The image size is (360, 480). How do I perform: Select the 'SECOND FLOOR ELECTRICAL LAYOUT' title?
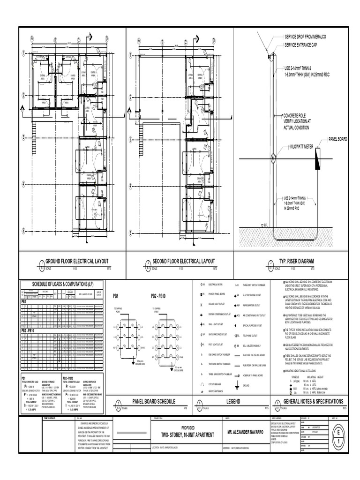(184, 261)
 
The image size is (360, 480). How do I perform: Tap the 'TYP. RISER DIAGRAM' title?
(296, 261)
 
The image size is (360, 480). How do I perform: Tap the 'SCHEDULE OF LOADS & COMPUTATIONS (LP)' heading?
(62, 284)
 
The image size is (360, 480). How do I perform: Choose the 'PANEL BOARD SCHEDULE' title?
(153, 402)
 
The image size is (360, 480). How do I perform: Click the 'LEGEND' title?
(233, 402)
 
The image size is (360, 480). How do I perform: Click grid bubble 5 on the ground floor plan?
(22, 230)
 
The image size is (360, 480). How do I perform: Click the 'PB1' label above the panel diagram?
(116, 296)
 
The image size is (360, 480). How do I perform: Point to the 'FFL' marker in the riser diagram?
(265, 225)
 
